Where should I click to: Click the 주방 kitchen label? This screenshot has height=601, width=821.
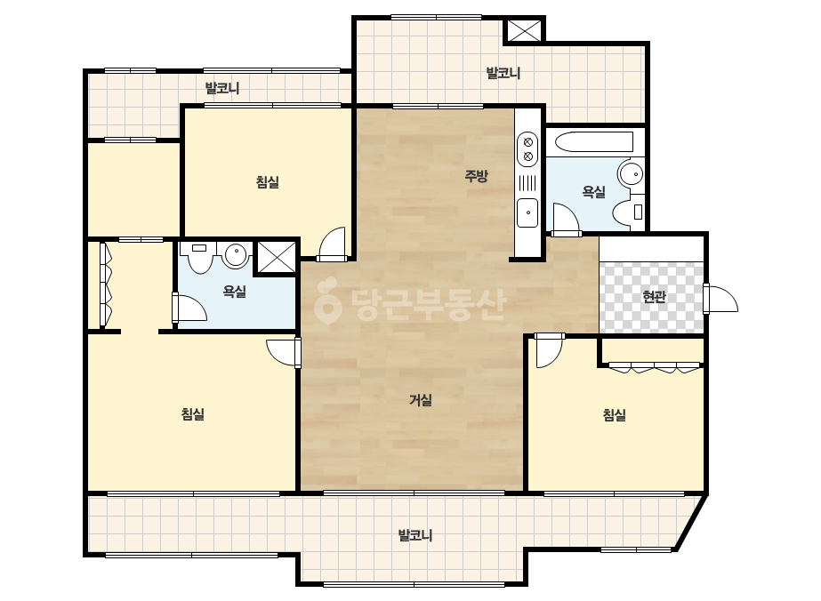(476, 175)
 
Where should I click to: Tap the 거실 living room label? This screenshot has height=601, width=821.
(421, 400)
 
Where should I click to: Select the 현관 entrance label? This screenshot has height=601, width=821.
(654, 297)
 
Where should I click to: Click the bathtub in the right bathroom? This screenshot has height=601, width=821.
(593, 142)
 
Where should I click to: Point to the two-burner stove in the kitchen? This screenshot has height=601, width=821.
(527, 149)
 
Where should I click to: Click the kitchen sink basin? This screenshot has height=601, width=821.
(527, 213)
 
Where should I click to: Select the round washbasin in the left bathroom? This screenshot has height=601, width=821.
(236, 255)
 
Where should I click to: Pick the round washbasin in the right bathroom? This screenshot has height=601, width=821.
(631, 173)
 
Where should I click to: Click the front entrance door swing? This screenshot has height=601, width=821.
(720, 299)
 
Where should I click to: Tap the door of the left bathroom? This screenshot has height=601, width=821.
(189, 308)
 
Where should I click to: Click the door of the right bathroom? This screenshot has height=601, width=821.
(566, 220)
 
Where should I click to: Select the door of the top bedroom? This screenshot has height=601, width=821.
(333, 244)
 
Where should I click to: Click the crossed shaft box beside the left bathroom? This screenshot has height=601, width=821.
(277, 257)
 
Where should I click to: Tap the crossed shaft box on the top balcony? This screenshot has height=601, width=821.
(524, 31)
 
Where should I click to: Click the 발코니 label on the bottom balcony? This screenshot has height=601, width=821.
(415, 535)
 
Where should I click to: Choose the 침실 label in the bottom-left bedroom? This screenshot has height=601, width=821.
(193, 414)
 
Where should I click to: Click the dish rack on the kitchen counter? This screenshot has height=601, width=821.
(527, 183)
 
